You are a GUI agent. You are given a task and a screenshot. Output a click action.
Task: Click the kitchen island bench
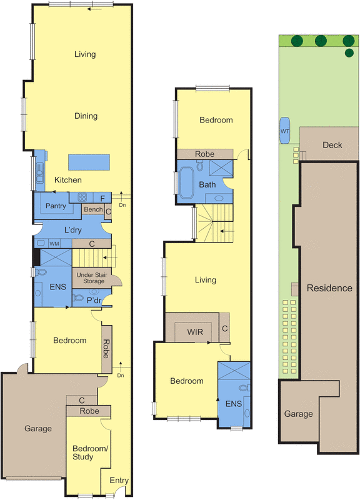point(89,162)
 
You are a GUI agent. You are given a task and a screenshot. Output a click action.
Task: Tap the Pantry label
point(56,206)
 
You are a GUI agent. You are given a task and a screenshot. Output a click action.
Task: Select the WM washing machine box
point(54,244)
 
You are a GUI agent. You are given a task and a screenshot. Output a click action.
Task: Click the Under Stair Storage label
point(92,277)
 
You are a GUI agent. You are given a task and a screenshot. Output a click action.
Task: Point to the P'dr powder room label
point(94,301)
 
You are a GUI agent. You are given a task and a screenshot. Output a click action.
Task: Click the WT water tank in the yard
point(285,131)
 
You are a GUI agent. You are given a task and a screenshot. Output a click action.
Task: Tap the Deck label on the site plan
point(332,145)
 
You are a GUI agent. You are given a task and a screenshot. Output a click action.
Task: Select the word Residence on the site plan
point(329,288)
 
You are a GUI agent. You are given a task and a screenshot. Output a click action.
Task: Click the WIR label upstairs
point(195,332)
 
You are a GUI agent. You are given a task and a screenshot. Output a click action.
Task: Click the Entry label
point(119,481)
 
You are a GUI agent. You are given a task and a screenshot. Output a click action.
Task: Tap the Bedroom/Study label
point(90,452)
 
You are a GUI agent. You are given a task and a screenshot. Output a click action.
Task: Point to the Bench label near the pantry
point(93,209)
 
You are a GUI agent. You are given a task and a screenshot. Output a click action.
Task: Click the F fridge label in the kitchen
point(102,199)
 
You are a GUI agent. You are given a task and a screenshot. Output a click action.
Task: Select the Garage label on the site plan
point(299,414)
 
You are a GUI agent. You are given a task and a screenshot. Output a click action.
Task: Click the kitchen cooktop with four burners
point(82,197)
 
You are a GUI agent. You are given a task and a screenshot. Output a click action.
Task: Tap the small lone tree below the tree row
point(349,52)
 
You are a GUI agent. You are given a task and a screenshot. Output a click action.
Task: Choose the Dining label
point(86,116)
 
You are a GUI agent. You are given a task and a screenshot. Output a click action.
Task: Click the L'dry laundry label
point(73,230)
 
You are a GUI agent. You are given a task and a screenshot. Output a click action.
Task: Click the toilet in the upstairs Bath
point(200,166)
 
